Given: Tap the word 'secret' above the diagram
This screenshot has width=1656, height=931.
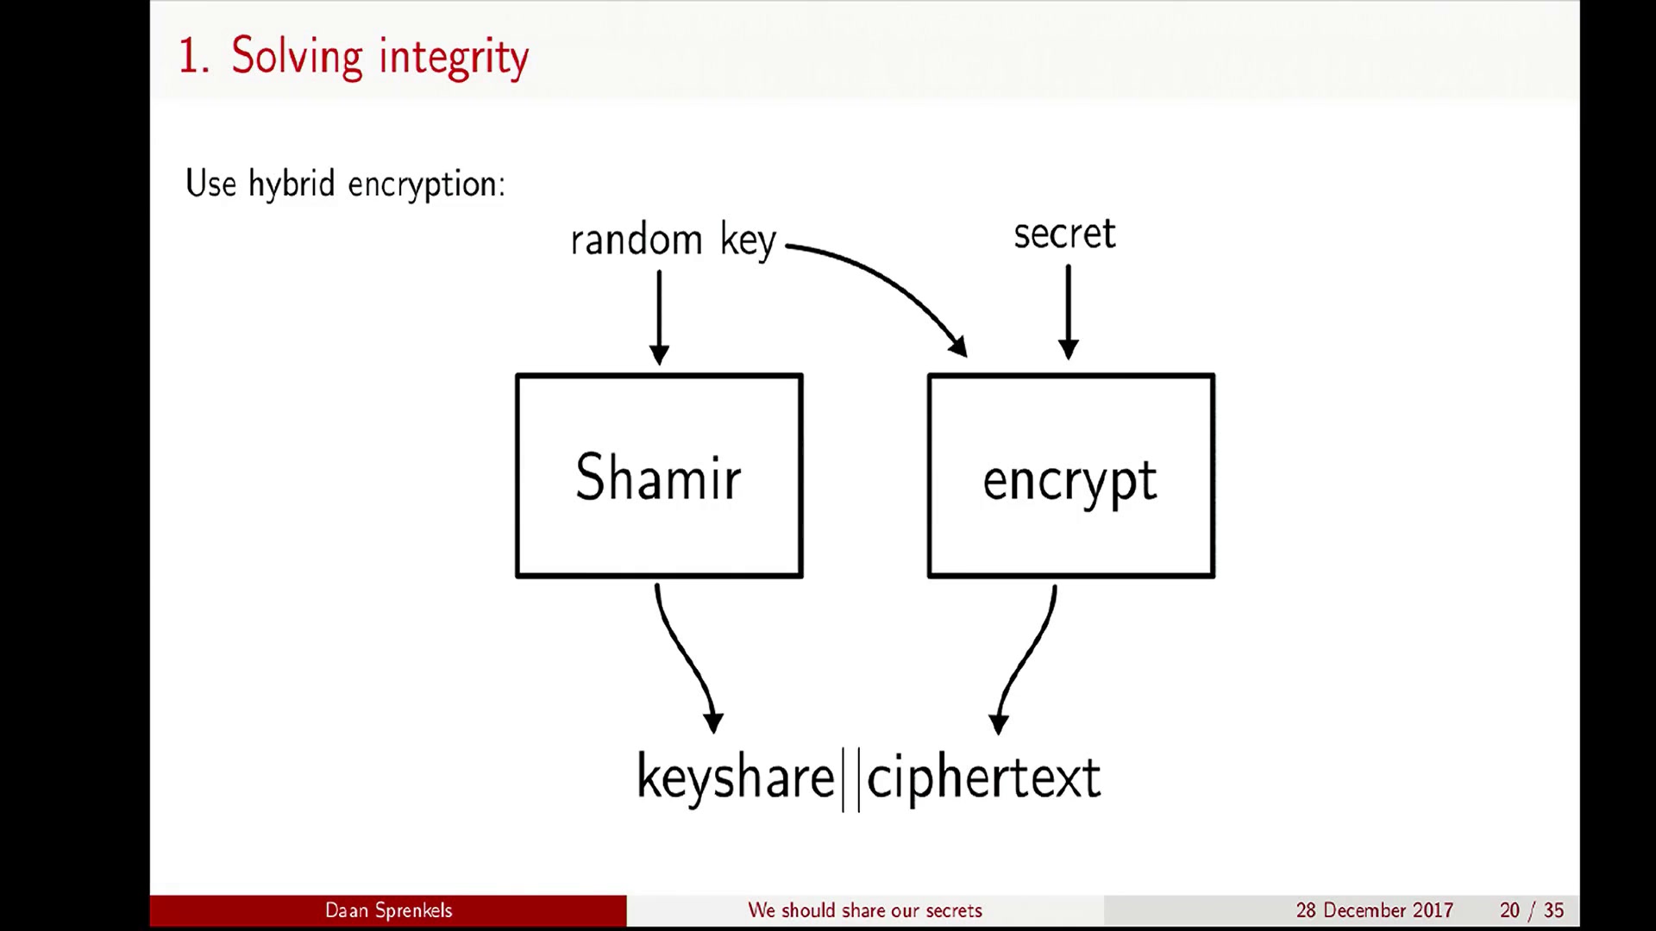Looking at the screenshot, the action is coord(1064,234).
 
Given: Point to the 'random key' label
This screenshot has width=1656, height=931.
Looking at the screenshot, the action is coord(674,240).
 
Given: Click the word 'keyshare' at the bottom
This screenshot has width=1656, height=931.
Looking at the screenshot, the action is coord(736,778).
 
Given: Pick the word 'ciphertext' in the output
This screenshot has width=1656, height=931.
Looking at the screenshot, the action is coord(983,778).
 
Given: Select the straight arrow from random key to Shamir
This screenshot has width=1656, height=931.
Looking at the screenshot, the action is coord(659,317).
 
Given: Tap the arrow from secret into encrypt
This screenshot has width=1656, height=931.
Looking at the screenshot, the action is coord(1068,312).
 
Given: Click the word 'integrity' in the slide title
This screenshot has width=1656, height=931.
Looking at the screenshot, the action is coord(454,58).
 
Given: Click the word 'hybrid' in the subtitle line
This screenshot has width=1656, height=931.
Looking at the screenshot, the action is coord(292,184).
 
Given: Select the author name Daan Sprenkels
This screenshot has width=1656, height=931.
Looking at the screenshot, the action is coord(388,910).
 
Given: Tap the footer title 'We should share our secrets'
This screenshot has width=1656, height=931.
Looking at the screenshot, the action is coord(865,910).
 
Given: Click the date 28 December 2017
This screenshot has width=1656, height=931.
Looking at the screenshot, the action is coord(1374,910).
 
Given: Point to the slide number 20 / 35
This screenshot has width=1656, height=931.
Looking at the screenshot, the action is coord(1532,910).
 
